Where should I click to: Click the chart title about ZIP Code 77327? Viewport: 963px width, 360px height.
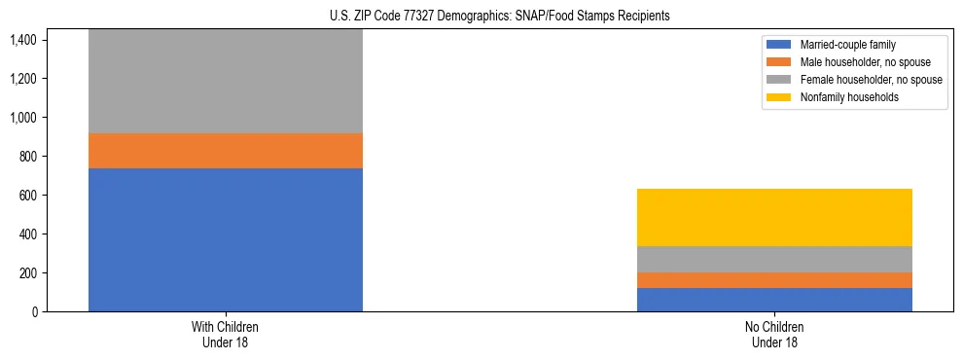tap(481, 17)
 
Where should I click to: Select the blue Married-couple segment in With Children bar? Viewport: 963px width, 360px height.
tap(226, 239)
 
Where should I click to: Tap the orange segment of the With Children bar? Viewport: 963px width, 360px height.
tap(226, 151)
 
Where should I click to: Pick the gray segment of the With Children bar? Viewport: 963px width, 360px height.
tap(226, 82)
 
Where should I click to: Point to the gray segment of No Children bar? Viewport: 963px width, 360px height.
tap(774, 259)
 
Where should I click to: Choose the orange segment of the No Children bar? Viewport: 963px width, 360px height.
tap(774, 280)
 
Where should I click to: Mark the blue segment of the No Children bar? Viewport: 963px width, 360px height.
tap(774, 300)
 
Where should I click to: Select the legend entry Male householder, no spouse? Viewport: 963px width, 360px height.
tap(856, 63)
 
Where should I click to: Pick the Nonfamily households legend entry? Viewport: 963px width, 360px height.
tap(843, 98)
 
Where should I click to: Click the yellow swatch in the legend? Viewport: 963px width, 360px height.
tap(780, 98)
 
